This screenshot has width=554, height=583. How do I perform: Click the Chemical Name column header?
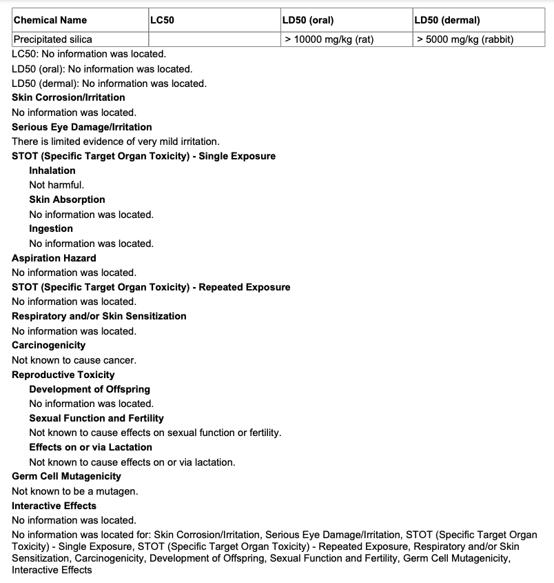coord(50,20)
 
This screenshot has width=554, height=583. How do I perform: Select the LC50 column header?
coord(163,20)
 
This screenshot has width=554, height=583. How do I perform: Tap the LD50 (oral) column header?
coord(308,20)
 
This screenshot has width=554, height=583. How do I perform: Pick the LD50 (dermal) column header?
coord(447,20)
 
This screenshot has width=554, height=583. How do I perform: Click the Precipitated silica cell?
coord(53,39)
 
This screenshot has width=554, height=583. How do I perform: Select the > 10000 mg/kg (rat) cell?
coord(329,39)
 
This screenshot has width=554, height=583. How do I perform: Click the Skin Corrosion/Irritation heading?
coord(68,97)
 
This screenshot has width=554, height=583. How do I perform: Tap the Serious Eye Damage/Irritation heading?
coord(81,127)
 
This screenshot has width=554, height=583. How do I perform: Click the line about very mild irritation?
coord(116,141)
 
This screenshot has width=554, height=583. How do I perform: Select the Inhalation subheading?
coord(52,170)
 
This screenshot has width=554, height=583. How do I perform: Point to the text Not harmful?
coord(57,185)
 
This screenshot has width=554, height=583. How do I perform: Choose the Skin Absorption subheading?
coord(67,199)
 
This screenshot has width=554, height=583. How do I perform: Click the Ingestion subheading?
coord(51,228)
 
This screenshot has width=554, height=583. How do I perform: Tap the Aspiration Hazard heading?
coord(54,258)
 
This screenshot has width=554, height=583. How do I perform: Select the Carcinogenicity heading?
coord(49,345)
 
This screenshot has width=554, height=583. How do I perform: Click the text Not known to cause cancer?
coord(74,360)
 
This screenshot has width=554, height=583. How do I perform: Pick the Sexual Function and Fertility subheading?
coord(96,418)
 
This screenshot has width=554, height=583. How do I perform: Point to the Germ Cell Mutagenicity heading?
coord(66,476)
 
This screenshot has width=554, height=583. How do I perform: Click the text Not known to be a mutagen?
coord(75,491)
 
